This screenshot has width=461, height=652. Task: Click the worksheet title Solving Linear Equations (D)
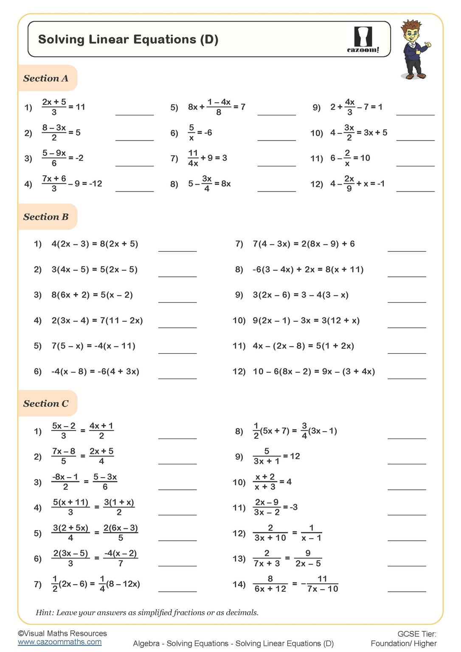128,39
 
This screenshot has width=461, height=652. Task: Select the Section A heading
46,78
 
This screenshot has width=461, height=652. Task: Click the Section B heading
46,217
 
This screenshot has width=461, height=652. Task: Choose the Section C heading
46,404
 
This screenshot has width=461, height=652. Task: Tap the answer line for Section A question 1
134,114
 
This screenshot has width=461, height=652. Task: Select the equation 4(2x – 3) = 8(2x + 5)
95,244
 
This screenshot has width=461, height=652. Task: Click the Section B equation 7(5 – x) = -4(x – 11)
93,346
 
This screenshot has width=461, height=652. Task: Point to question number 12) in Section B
239,372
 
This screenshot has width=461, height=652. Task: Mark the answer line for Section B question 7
406,250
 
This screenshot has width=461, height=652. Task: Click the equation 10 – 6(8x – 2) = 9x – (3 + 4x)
314,372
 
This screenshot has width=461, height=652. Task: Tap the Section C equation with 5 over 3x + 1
276,456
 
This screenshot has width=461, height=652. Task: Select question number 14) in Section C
239,585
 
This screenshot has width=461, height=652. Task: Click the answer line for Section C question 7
177,590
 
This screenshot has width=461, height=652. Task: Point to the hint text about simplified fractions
147,613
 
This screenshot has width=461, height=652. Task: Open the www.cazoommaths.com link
59,642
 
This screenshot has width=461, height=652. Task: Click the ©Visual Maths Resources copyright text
62,633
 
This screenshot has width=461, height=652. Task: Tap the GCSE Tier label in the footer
416,634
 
